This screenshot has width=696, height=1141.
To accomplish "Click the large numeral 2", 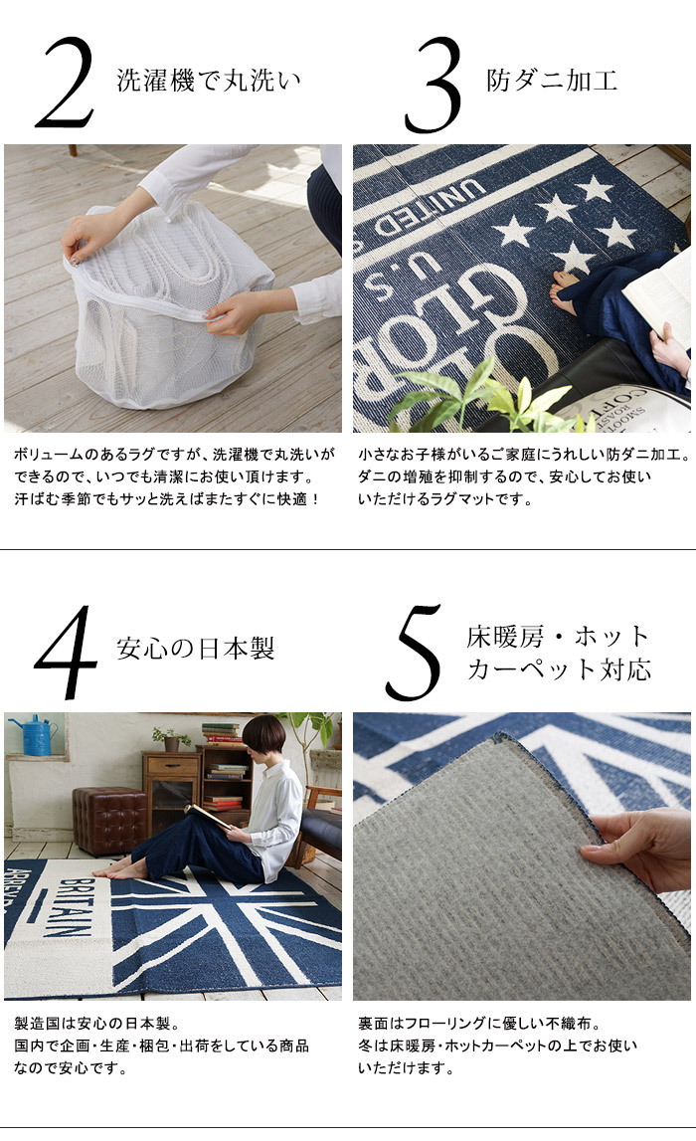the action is pyautogui.click(x=66, y=83).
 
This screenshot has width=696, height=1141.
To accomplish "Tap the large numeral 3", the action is pyautogui.click(x=434, y=86).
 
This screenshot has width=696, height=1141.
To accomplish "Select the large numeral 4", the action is pyautogui.click(x=67, y=652).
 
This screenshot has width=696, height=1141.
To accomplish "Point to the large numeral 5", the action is pyautogui.click(x=414, y=653).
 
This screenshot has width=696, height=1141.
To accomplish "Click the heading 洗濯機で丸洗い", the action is pyautogui.click(x=209, y=80).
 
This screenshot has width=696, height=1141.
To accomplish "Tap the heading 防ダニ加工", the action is pyautogui.click(x=552, y=80).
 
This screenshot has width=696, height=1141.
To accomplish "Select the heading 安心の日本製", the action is pyautogui.click(x=196, y=648).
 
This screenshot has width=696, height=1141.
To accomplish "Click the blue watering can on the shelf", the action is pyautogui.click(x=37, y=734).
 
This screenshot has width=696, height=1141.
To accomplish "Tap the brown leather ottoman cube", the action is pyautogui.click(x=109, y=820).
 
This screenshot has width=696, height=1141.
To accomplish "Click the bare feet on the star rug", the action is pyautogui.click(x=565, y=289).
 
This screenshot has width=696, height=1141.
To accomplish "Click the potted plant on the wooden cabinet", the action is pyautogui.click(x=171, y=738).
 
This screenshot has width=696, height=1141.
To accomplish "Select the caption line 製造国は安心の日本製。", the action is pyautogui.click(x=96, y=1023).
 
